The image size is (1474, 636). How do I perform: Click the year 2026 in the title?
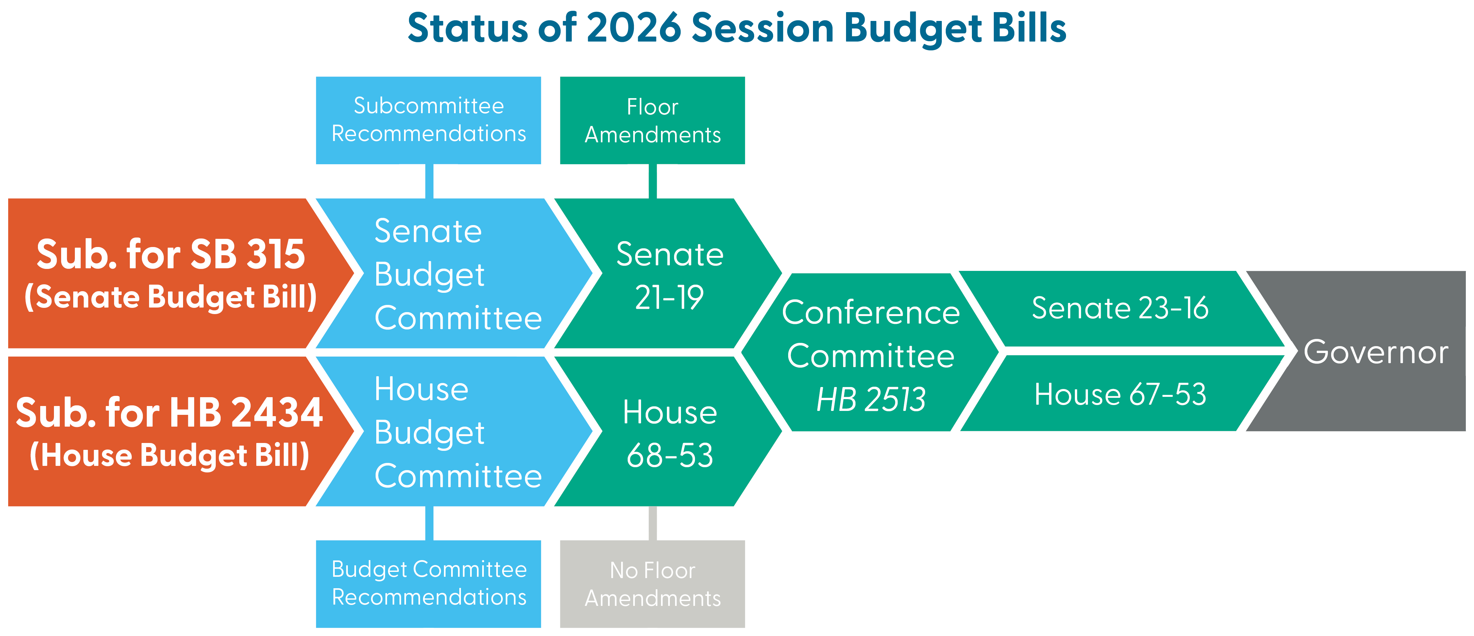point(634,28)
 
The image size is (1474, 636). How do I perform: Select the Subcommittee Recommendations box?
point(429,120)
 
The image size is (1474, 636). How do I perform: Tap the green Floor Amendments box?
point(652,120)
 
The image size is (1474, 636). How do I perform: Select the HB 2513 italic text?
point(871,399)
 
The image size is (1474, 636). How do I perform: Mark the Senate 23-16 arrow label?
point(1120,308)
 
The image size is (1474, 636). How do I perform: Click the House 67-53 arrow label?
point(1120,395)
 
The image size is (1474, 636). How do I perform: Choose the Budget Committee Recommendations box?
point(429,584)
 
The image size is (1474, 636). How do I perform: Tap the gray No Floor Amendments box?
point(652,584)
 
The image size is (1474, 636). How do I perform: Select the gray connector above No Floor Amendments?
point(652,523)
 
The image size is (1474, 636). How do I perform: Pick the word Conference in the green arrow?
point(871,312)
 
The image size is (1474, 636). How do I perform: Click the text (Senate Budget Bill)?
point(171,297)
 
